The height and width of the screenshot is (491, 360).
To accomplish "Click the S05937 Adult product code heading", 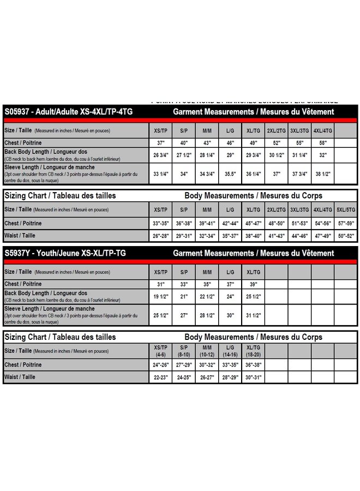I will click(x=69, y=111).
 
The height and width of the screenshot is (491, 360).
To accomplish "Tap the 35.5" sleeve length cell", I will click(x=230, y=174).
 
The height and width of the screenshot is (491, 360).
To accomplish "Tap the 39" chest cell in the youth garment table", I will click(x=253, y=284).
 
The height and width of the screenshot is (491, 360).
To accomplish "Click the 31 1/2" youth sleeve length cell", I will click(x=253, y=315).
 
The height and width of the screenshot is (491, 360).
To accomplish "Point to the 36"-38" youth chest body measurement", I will click(x=253, y=365).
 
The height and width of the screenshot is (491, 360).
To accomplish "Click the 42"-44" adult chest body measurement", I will click(x=230, y=223).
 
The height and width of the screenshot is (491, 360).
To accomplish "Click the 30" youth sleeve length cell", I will click(x=230, y=315).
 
